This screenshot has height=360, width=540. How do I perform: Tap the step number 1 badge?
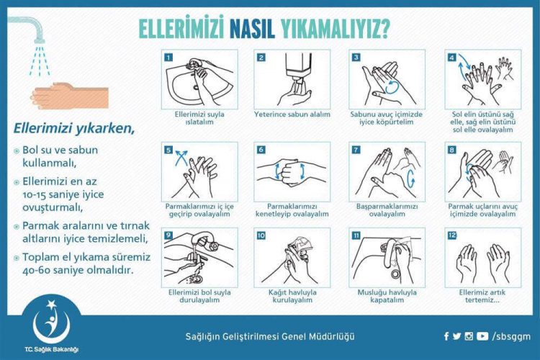pyautogui.click(x=168, y=57)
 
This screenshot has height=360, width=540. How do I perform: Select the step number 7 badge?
pyautogui.click(x=355, y=150)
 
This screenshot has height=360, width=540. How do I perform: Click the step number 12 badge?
pyautogui.click(x=451, y=235)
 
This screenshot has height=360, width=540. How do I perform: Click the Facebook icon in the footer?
pyautogui.click(x=446, y=336)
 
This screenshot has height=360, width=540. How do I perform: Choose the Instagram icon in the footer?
pyautogui.click(x=469, y=336)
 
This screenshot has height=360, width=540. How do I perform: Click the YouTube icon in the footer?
pyautogui.click(x=482, y=336)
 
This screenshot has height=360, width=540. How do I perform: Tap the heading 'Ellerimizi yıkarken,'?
pyautogui.click(x=74, y=129)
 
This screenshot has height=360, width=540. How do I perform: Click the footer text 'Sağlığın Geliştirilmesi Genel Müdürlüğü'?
pyautogui.click(x=270, y=336)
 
